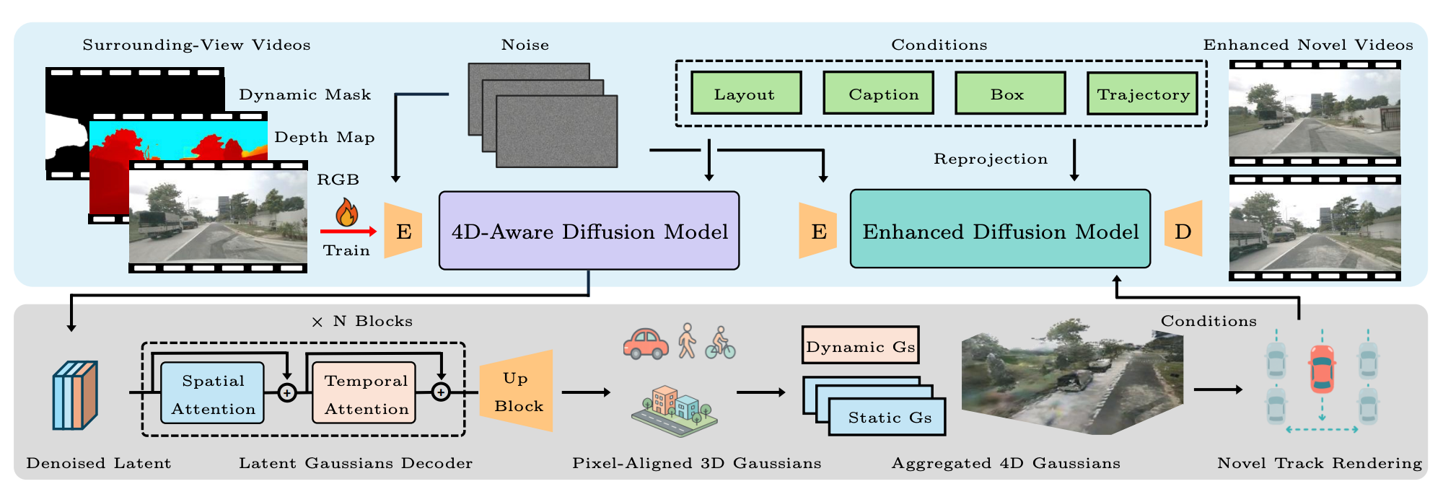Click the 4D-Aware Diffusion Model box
[589, 231]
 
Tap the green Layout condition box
[746, 93]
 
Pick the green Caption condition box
[878, 93]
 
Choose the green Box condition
[1010, 93]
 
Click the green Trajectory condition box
[1142, 93]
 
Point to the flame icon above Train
[347, 212]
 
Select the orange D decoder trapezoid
[1183, 229]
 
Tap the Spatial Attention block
[212, 393]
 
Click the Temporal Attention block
[364, 393]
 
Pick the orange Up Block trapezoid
[517, 392]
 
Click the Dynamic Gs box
[860, 345]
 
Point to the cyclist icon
[720, 343]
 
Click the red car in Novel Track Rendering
[1322, 368]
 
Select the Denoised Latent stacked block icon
[74, 395]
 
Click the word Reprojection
[990, 159]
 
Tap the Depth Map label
[324, 137]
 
